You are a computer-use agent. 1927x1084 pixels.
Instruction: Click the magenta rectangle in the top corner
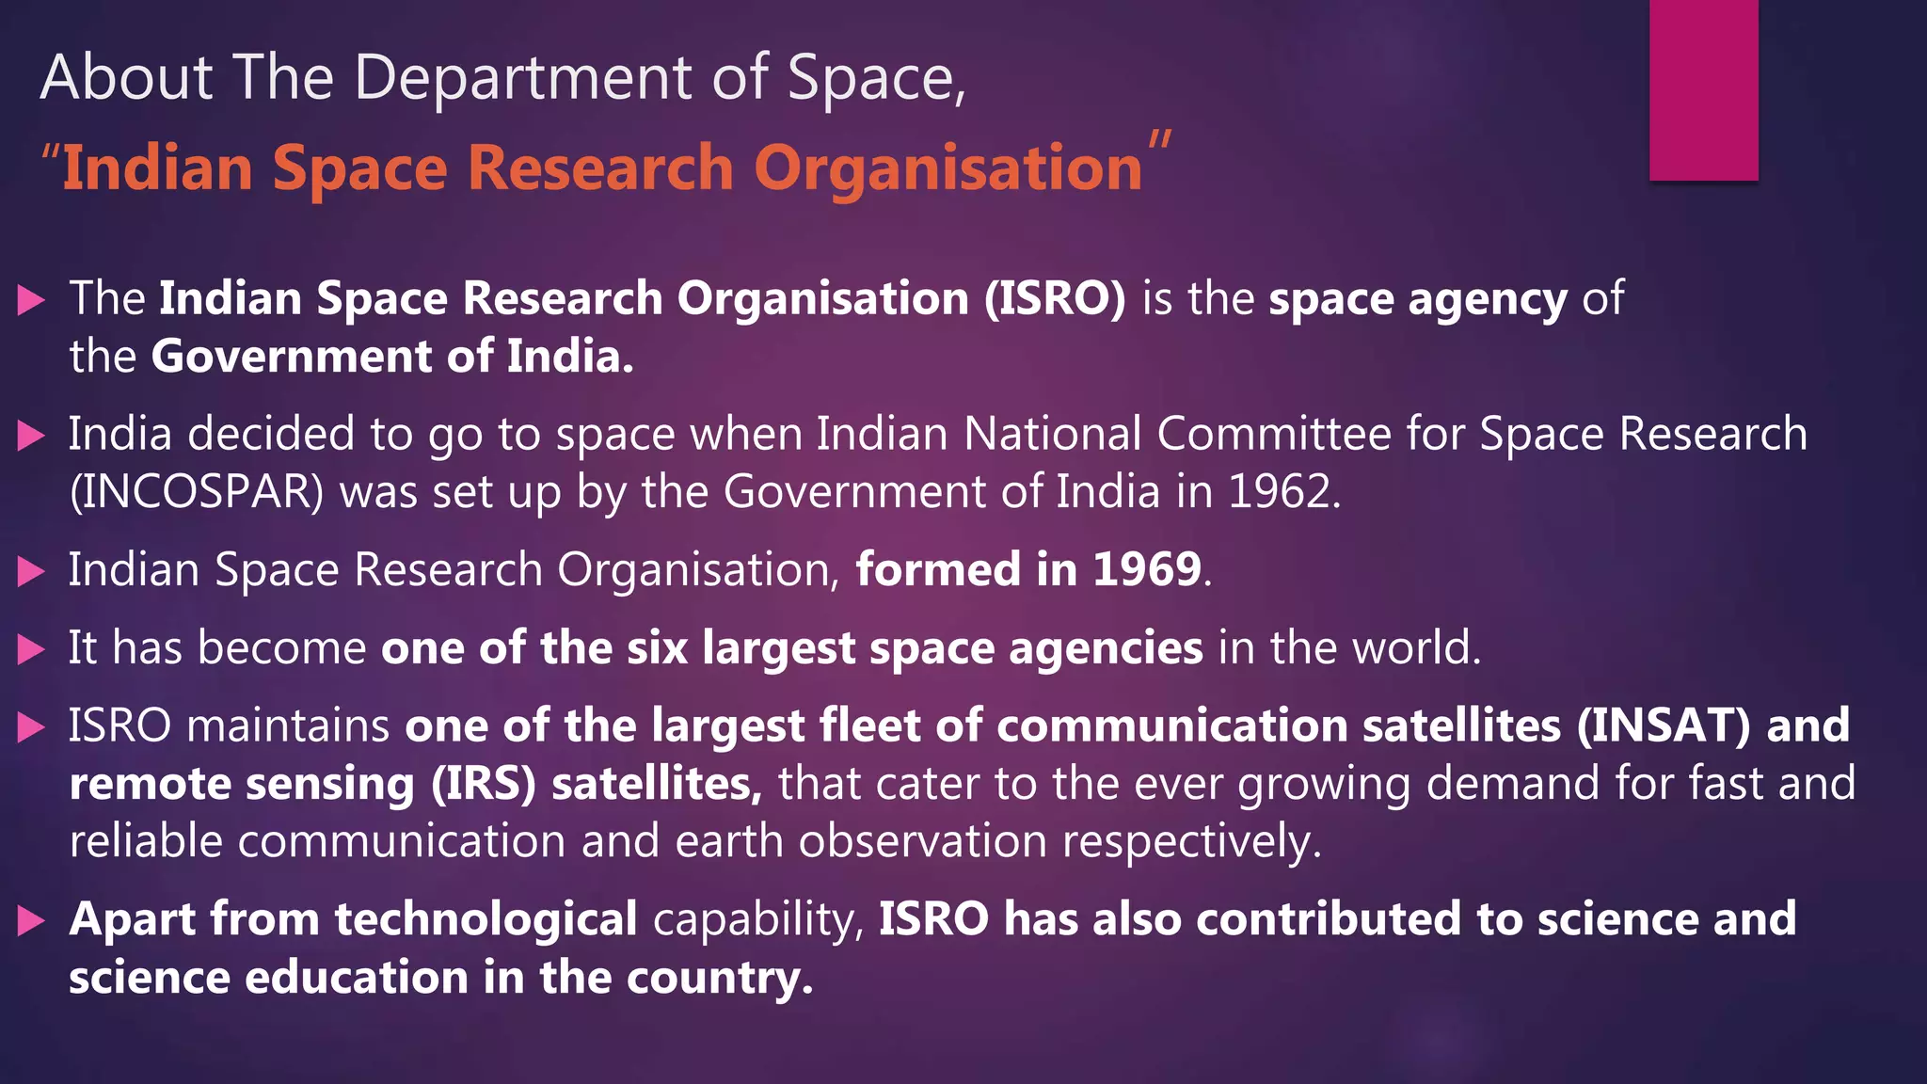click(1703, 89)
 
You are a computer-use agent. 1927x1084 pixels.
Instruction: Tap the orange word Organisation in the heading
click(948, 168)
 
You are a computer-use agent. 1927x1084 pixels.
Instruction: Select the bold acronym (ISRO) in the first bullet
click(1055, 298)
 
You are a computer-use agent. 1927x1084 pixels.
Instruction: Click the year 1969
click(1147, 569)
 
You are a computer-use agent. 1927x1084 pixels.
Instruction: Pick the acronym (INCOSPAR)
click(197, 492)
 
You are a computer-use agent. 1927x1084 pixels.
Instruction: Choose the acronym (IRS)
click(484, 784)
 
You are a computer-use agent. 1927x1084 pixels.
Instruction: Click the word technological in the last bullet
click(486, 919)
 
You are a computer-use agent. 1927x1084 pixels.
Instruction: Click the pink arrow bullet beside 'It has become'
click(31, 649)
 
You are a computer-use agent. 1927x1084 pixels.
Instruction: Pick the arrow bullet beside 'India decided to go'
click(31, 436)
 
